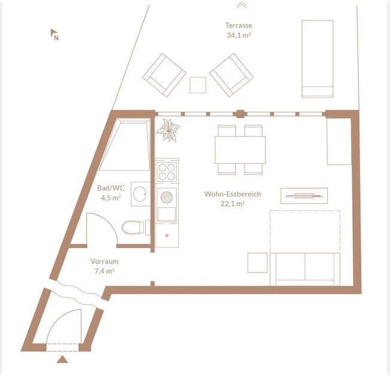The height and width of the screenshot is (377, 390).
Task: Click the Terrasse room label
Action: click(239, 25)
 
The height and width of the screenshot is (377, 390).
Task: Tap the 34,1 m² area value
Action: click(239, 35)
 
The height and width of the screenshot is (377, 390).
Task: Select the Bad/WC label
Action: click(111, 188)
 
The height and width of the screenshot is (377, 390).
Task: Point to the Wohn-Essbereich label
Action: click(233, 194)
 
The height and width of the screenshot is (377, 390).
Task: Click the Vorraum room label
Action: click(104, 262)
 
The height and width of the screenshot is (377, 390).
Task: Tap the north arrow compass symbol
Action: click(54, 34)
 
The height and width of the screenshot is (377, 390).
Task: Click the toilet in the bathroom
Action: click(136, 227)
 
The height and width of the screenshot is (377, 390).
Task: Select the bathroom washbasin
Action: click(141, 194)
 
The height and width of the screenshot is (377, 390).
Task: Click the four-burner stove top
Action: click(167, 171)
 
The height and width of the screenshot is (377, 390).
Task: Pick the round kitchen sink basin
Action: click(167, 197)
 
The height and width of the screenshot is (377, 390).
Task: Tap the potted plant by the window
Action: click(169, 130)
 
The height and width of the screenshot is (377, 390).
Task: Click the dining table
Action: click(240, 149)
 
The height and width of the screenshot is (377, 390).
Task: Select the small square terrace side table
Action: click(198, 85)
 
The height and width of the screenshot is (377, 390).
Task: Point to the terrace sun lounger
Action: click(317, 59)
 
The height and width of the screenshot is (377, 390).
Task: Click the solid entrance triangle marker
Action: click(62, 360)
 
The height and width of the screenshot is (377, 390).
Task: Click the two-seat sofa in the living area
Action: click(305, 269)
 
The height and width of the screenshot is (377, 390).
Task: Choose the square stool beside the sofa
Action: click(257, 263)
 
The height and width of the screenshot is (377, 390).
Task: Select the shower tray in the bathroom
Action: click(125, 145)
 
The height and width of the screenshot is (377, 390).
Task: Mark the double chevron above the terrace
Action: click(241, 5)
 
